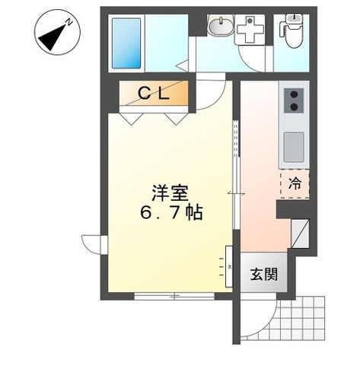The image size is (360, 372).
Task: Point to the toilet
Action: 290,29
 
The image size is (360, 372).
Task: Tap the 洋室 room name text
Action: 170,193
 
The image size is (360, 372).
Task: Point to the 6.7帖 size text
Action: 171,213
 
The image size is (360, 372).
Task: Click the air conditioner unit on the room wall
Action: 226,266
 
